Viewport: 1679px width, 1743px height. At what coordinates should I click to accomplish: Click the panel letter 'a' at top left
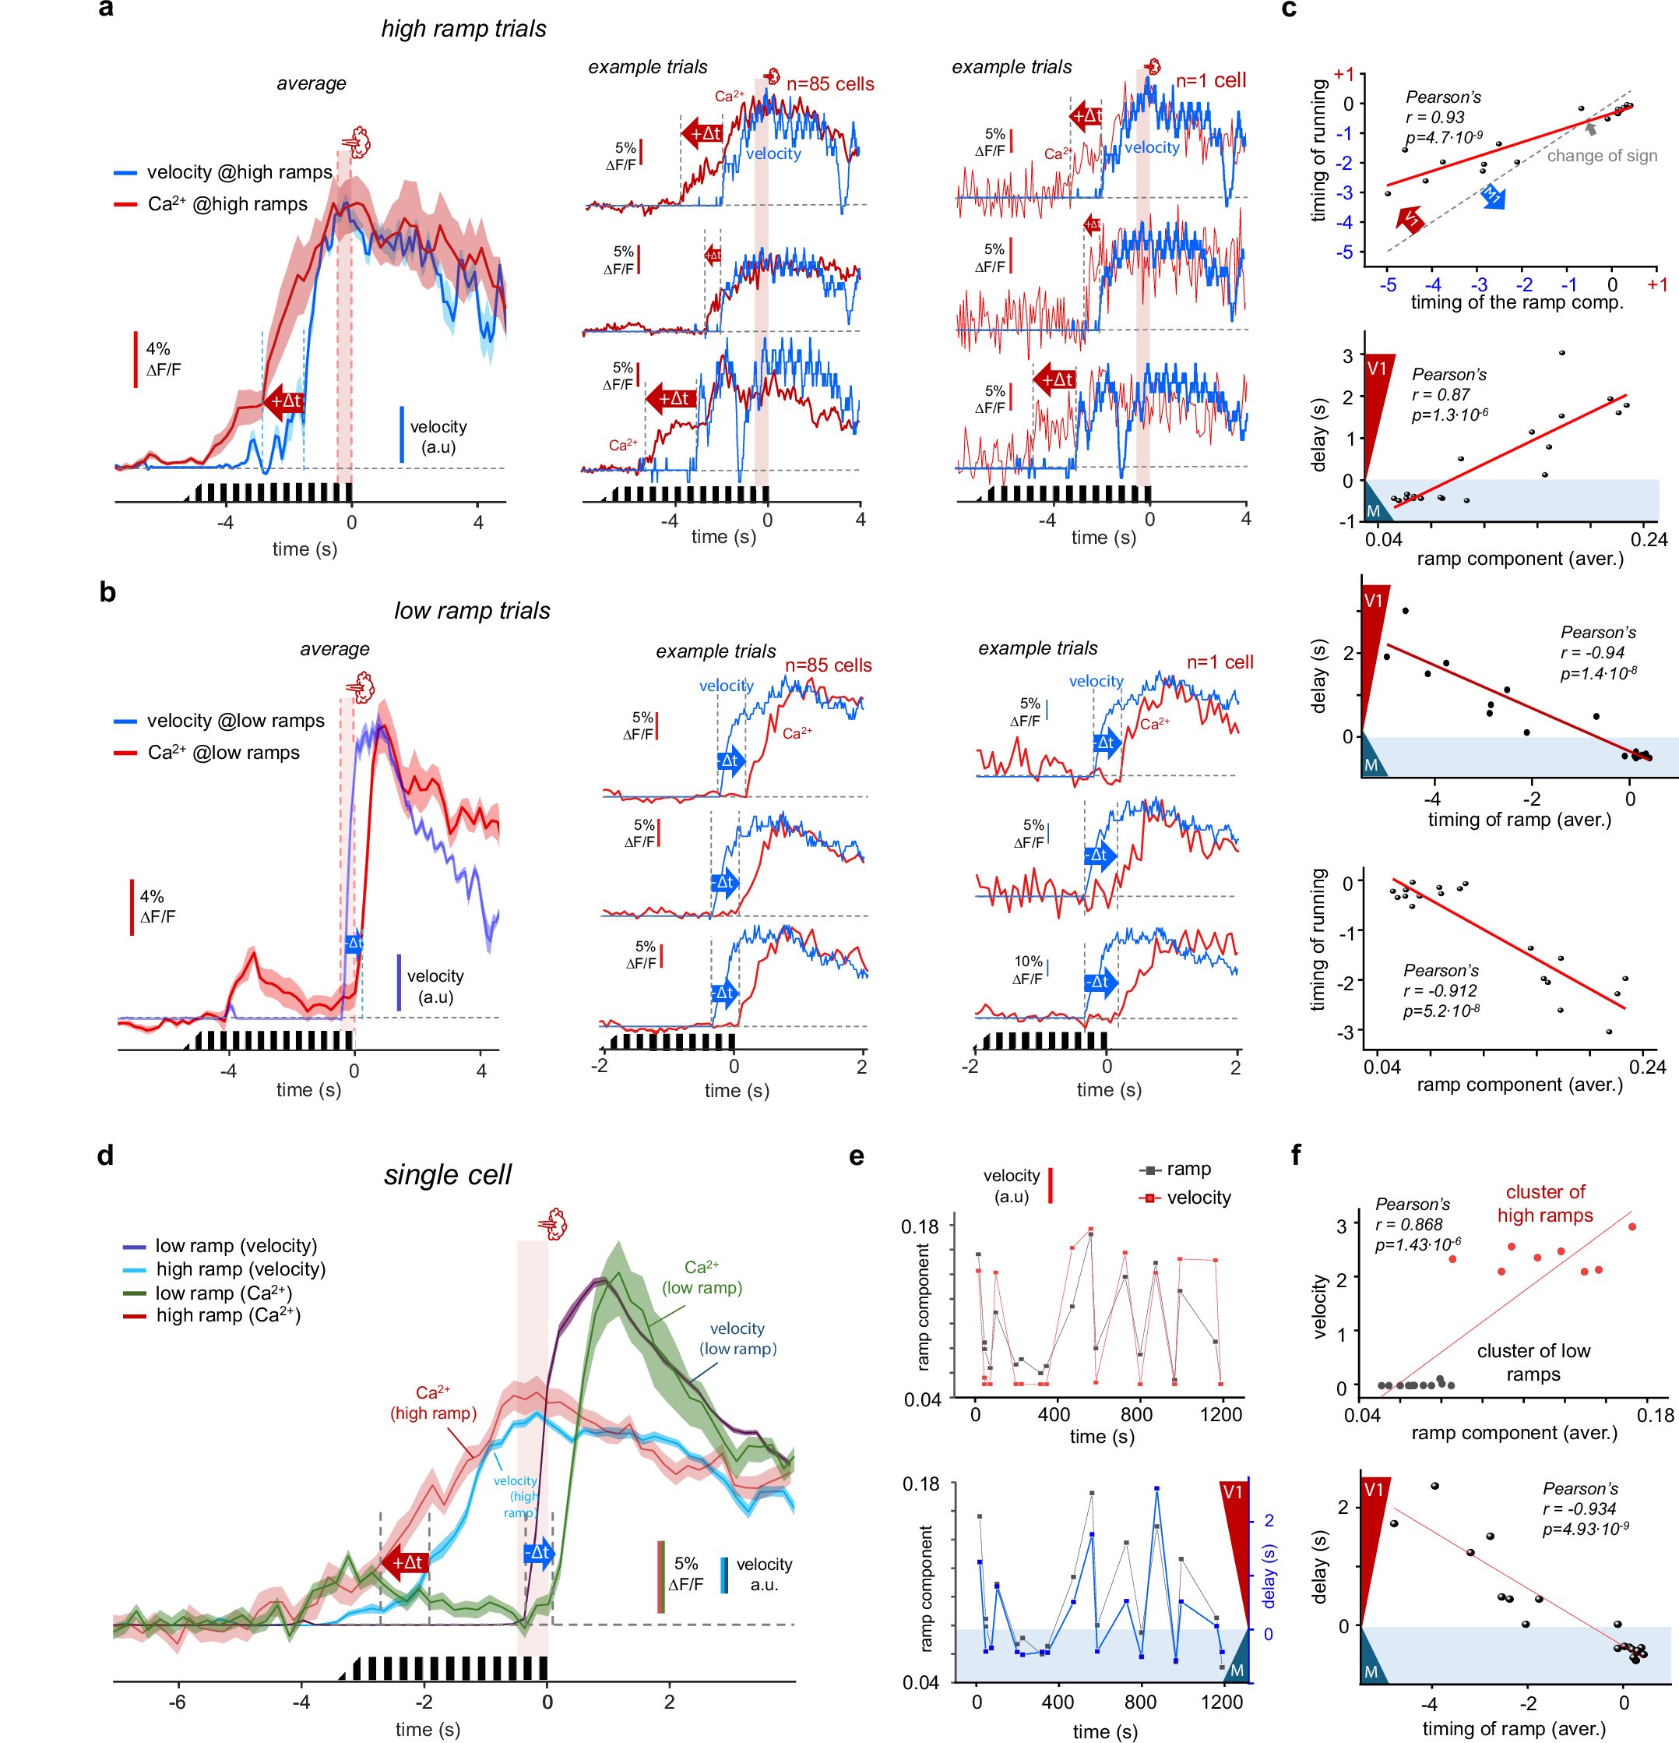pyautogui.click(x=106, y=10)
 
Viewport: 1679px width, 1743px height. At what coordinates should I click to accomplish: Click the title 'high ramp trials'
pyautogui.click(x=463, y=29)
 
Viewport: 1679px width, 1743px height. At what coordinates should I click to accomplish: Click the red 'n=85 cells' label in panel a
pyautogui.click(x=830, y=84)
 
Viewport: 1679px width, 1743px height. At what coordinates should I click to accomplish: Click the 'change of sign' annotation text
pyautogui.click(x=1602, y=156)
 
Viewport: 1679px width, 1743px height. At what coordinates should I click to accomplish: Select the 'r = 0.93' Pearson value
pyautogui.click(x=1434, y=118)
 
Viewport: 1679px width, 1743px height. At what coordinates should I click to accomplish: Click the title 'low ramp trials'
pyautogui.click(x=472, y=611)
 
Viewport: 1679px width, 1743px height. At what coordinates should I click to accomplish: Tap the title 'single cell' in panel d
pyautogui.click(x=447, y=1175)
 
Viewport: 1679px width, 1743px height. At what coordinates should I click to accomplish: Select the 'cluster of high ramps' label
pyautogui.click(x=1545, y=1203)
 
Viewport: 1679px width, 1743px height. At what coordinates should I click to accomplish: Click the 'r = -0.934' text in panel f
pyautogui.click(x=1586, y=1508)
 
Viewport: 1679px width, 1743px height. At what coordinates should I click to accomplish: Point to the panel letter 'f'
pyautogui.click(x=1296, y=1156)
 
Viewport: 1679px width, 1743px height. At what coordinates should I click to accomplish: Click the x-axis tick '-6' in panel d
pyautogui.click(x=178, y=1702)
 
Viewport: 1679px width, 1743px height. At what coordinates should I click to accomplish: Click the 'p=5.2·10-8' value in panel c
pyautogui.click(x=1441, y=1011)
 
